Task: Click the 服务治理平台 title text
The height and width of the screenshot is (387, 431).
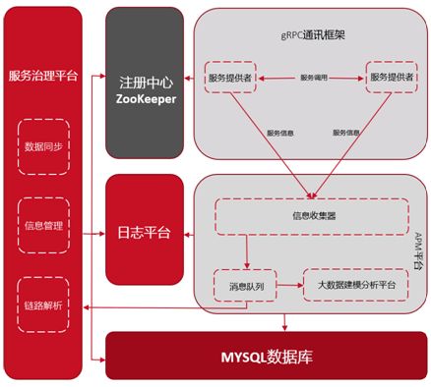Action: click(x=41, y=76)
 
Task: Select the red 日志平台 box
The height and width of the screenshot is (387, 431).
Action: click(x=144, y=233)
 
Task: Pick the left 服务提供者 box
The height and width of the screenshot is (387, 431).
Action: click(x=231, y=77)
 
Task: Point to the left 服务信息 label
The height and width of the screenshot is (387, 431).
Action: click(x=281, y=132)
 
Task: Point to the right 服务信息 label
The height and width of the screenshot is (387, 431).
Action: click(x=348, y=132)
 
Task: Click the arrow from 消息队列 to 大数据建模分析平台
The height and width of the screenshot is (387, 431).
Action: click(x=285, y=285)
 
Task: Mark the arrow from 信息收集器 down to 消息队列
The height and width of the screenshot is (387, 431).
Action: click(x=247, y=250)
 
